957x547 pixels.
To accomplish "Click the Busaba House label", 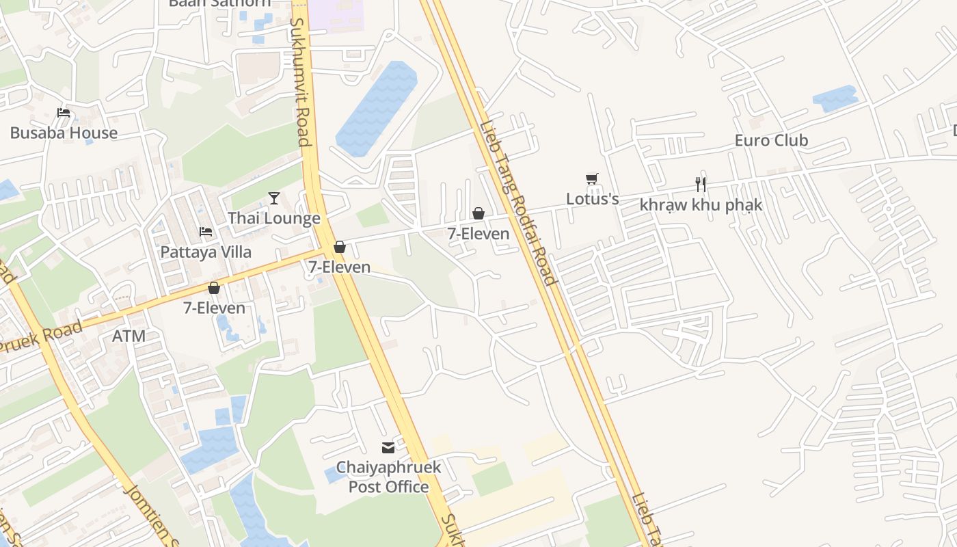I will pyautogui.click(x=64, y=133).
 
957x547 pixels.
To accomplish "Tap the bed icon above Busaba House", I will pyautogui.click(x=64, y=113).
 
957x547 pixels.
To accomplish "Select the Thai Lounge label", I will pyautogui.click(x=273, y=218).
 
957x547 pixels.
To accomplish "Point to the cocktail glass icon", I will pyautogui.click(x=274, y=198).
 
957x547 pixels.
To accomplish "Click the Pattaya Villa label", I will pyautogui.click(x=206, y=252).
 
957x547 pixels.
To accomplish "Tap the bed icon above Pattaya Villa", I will pyautogui.click(x=206, y=232).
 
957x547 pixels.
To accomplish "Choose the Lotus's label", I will pyautogui.click(x=592, y=199).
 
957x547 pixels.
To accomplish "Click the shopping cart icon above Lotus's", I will pyautogui.click(x=592, y=179).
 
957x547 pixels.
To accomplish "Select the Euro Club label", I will pyautogui.click(x=771, y=140).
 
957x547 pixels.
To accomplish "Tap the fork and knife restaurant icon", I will pyautogui.click(x=701, y=184).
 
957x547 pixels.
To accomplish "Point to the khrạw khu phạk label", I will pyautogui.click(x=701, y=204).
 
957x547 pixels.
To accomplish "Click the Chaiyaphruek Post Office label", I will pyautogui.click(x=388, y=477).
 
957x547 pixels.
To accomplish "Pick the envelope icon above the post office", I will pyautogui.click(x=388, y=448).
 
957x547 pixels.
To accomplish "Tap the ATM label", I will pyautogui.click(x=129, y=336).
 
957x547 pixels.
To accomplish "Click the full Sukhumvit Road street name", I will pyautogui.click(x=301, y=82).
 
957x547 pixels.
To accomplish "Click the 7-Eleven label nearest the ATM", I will pyautogui.click(x=214, y=308).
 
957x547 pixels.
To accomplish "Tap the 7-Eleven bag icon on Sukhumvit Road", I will pyautogui.click(x=340, y=247).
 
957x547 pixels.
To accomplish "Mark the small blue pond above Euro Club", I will pyautogui.click(x=835, y=98).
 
